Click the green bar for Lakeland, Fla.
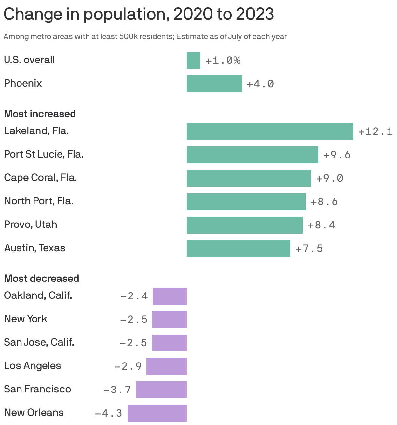(x=270, y=131)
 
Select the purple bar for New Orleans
(x=157, y=413)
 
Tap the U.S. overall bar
(x=193, y=61)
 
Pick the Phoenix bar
(x=214, y=84)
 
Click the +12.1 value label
(x=375, y=131)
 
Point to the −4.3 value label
(x=108, y=413)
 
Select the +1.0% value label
(x=223, y=61)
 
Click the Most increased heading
(x=40, y=114)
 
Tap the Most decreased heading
(x=41, y=279)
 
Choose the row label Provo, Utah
(x=30, y=225)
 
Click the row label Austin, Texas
(x=34, y=248)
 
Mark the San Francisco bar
(x=161, y=390)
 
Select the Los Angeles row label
(x=32, y=366)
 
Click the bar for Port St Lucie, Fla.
(x=252, y=155)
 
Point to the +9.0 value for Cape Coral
(x=329, y=178)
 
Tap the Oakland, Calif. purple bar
(x=170, y=296)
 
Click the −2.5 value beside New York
(x=134, y=320)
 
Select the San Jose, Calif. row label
(x=39, y=342)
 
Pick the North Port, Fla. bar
(x=246, y=202)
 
